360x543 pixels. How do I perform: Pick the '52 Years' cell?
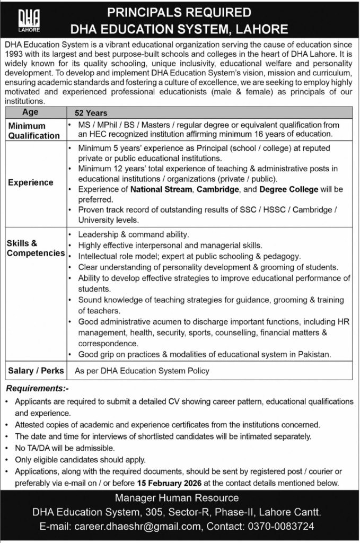91,113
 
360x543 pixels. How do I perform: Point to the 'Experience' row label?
30,182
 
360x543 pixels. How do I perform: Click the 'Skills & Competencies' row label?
35,248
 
